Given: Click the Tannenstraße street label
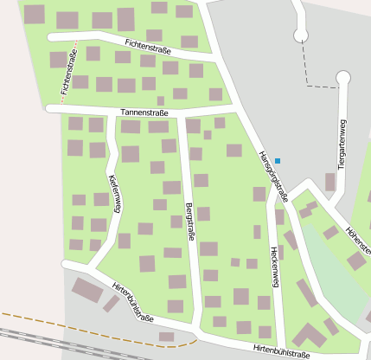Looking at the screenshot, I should point(144,112).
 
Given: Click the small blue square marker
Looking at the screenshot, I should point(278,160).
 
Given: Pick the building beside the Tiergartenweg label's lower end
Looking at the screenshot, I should point(330,182).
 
